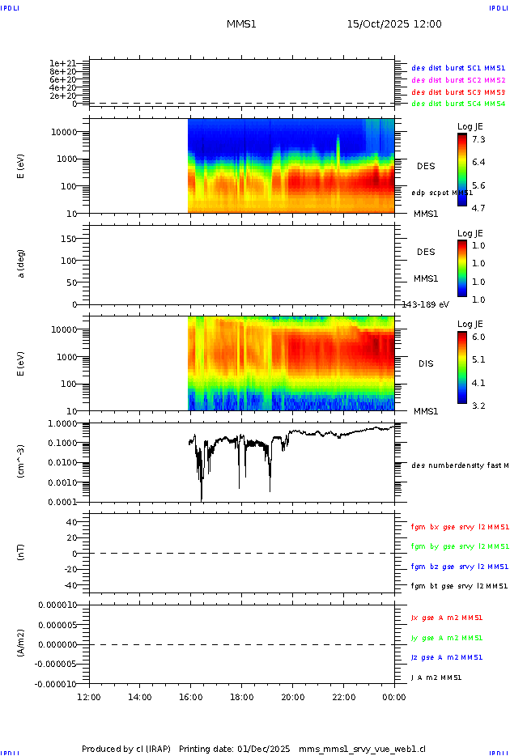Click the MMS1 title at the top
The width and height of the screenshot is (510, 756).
click(241, 24)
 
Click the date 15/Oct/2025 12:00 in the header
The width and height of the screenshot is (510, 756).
click(394, 24)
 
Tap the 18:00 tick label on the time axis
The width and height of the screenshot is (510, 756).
click(242, 697)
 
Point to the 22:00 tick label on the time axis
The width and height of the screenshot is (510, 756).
click(344, 697)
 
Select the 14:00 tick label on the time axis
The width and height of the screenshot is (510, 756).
click(140, 697)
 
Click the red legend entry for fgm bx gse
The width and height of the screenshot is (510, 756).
click(459, 527)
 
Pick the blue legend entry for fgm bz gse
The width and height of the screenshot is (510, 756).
click(459, 567)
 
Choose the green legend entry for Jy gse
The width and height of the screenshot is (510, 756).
click(447, 638)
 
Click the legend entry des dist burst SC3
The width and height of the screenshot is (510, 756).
click(458, 92)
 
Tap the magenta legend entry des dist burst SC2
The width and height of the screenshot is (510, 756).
click(458, 80)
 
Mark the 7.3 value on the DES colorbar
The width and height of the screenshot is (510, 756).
click(478, 140)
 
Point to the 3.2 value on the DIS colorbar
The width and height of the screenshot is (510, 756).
click(478, 406)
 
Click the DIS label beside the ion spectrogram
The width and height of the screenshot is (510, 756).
click(426, 363)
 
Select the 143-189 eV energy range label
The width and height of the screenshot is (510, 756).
click(426, 304)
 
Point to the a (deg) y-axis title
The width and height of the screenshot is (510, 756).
click(22, 264)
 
